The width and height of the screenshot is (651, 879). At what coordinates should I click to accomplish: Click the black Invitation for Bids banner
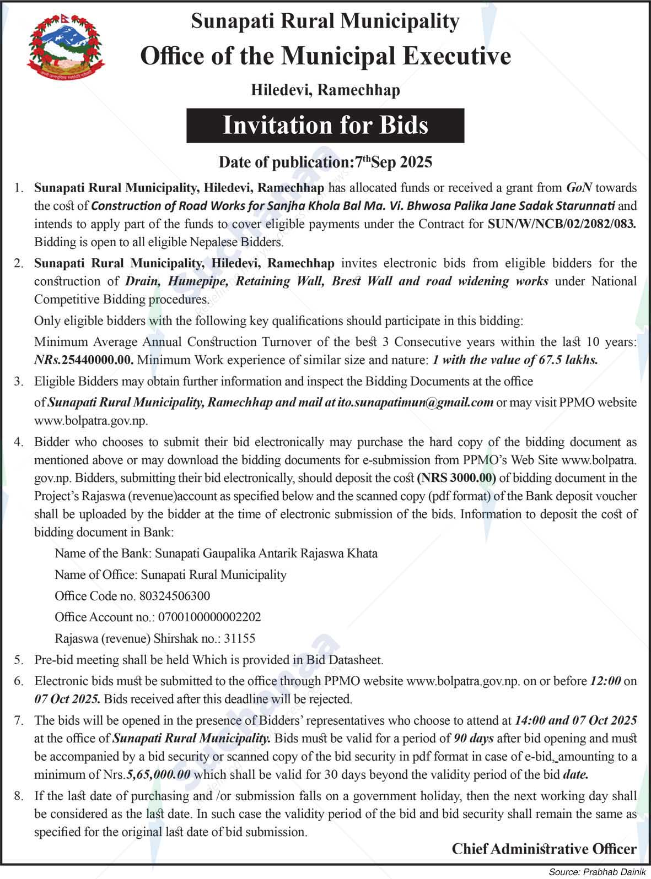325,126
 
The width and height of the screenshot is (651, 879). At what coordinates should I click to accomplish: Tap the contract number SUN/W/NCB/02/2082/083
562,224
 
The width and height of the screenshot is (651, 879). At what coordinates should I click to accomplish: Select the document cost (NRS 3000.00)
457,478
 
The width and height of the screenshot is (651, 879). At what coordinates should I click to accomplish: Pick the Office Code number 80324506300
175,596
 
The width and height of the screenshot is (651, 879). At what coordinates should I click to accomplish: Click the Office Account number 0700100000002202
209,617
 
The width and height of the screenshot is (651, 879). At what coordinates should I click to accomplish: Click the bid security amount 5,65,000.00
158,774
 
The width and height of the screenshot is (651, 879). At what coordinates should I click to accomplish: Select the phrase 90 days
474,739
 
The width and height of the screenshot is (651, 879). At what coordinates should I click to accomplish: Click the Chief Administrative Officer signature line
544,849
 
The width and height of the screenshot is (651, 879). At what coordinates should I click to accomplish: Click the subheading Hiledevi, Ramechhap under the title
325,90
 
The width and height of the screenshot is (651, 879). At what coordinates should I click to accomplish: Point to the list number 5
19,660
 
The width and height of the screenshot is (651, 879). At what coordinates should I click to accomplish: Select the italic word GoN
579,188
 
